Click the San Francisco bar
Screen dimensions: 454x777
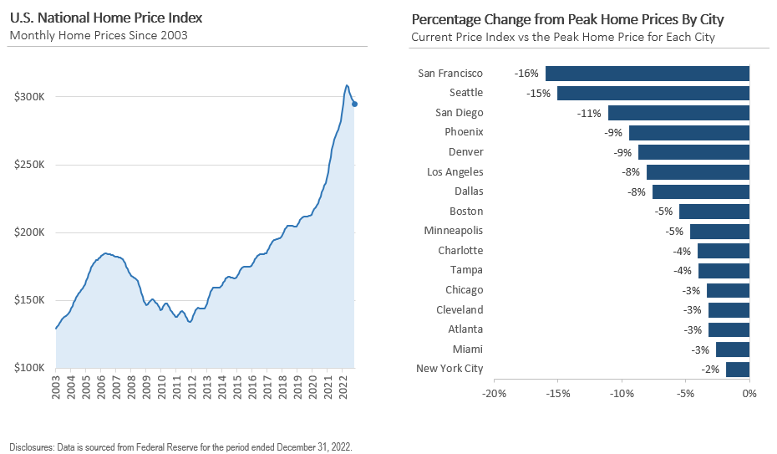tap(647, 74)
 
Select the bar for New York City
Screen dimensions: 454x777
tap(738, 369)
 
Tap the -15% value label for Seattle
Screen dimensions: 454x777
tap(538, 93)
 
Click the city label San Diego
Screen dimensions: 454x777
tap(459, 113)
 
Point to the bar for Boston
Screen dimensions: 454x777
tap(714, 212)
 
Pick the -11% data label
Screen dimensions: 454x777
tap(589, 113)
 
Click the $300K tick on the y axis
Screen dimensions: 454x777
tap(29, 97)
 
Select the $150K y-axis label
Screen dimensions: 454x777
tap(29, 300)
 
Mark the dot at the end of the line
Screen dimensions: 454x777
tap(355, 104)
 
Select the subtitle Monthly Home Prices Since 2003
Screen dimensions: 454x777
tap(98, 35)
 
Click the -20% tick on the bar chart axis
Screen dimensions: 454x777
tap(495, 393)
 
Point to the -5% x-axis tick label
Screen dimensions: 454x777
tap(685, 393)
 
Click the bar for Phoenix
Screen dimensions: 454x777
tap(689, 132)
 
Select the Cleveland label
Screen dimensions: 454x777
tap(460, 310)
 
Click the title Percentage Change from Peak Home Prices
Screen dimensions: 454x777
tap(567, 18)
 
